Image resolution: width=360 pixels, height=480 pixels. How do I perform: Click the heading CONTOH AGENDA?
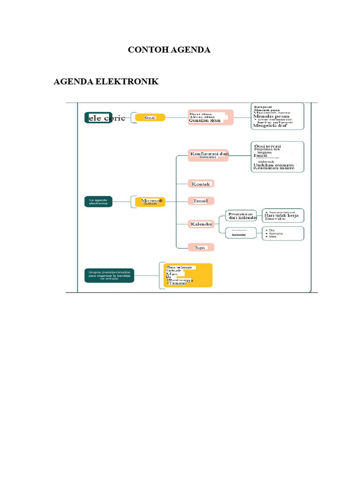(x=169, y=50)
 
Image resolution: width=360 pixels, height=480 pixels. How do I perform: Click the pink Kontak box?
(x=201, y=184)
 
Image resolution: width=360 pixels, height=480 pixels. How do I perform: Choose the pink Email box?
(x=201, y=201)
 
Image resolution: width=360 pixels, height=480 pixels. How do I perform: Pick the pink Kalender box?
(x=201, y=224)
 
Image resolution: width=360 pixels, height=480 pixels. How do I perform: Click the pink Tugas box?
(x=201, y=247)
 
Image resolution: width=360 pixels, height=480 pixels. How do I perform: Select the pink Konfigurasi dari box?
(x=208, y=155)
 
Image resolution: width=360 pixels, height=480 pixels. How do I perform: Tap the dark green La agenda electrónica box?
(x=98, y=202)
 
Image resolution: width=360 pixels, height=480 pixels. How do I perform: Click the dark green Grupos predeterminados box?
(x=109, y=275)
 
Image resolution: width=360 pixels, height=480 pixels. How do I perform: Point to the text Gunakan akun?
(x=205, y=121)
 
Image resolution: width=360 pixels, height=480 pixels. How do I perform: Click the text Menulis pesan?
(x=271, y=116)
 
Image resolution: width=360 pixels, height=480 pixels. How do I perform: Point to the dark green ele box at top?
(x=98, y=118)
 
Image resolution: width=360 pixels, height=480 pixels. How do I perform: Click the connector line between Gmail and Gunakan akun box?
(x=177, y=118)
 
